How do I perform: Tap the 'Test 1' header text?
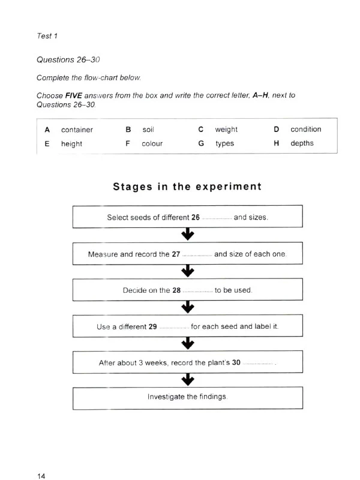(47, 36)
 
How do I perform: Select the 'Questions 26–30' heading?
(68, 60)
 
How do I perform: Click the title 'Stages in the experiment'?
(187, 187)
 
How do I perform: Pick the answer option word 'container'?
(77, 130)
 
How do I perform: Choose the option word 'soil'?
(148, 130)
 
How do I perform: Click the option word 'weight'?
(226, 130)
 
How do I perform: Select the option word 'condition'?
(306, 129)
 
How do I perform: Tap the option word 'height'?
(71, 144)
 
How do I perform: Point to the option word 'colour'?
(152, 144)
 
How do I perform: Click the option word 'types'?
(224, 144)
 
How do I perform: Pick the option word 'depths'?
(302, 143)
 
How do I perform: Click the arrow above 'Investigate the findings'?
(187, 379)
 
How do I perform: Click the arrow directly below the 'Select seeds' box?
(187, 234)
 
